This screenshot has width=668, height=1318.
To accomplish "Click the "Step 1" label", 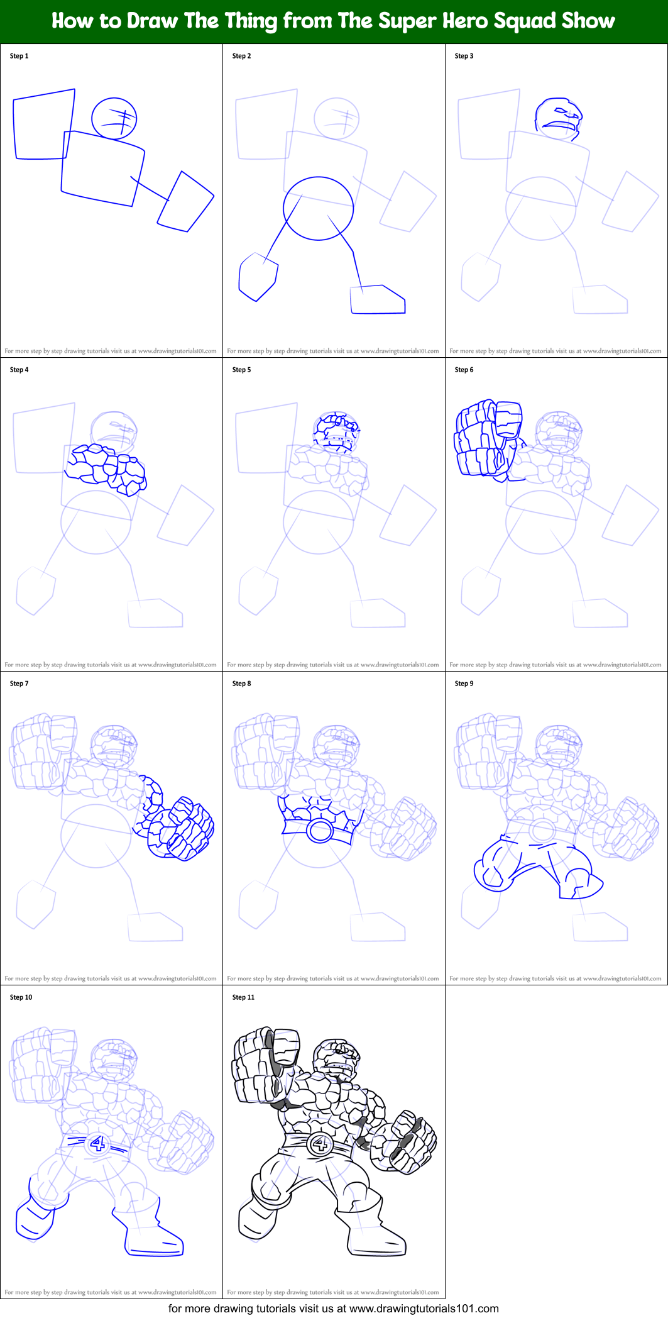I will pos(19,56).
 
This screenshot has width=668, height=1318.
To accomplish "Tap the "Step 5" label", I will pos(241,370).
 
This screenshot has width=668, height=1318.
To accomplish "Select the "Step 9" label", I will pos(464,684).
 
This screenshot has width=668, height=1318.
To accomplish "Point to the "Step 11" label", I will pos(243,997).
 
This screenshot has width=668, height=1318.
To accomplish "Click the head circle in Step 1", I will pos(114,118).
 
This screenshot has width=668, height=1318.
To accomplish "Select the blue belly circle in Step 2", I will pos(318,208).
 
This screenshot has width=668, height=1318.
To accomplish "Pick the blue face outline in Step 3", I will pos(559,118).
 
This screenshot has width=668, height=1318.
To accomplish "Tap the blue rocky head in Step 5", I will pos(337,432).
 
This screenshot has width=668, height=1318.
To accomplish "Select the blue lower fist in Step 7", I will pos(181,828).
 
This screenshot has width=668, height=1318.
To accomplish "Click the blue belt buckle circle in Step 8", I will pos(320,831).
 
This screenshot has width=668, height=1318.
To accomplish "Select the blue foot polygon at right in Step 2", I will pos(378,299).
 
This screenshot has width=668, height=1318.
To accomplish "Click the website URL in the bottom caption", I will pos(424,1309).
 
